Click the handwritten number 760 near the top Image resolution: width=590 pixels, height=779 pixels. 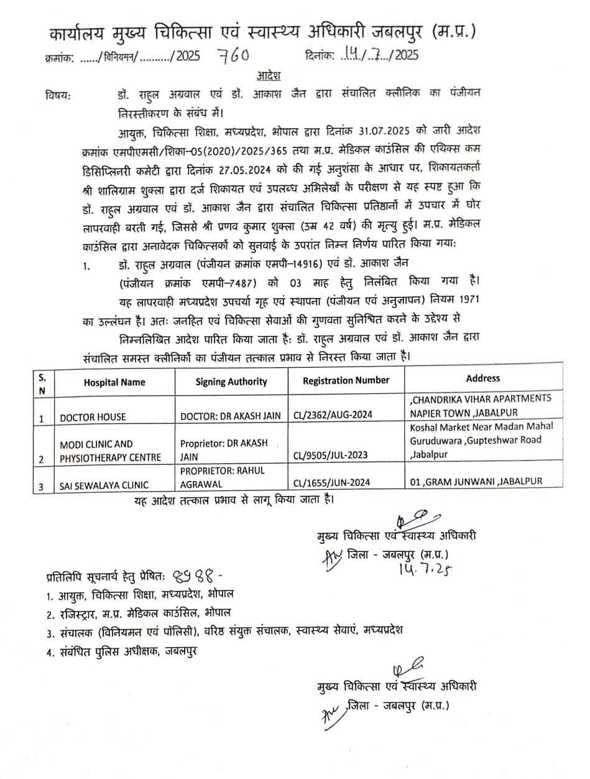click(233, 56)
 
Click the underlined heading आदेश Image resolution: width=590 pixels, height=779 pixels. click(269, 75)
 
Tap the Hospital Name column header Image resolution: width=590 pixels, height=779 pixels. click(114, 382)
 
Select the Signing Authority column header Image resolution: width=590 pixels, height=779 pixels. click(231, 382)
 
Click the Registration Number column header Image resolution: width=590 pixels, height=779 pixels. click(346, 380)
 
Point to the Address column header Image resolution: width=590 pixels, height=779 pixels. click(482, 378)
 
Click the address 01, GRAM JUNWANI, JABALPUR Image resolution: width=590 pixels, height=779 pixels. click(476, 481)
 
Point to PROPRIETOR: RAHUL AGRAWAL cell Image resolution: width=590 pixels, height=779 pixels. click(224, 477)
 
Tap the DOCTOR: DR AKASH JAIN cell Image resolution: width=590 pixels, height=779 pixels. click(231, 417)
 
